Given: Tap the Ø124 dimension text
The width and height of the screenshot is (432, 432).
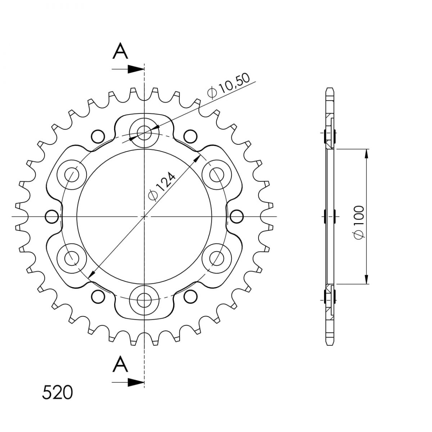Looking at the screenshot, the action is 162,186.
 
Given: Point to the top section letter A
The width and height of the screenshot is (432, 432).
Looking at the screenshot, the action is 120,51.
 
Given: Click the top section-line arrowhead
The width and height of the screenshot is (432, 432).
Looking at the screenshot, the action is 136,69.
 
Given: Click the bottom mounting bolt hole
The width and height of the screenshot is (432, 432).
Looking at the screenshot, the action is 144,300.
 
